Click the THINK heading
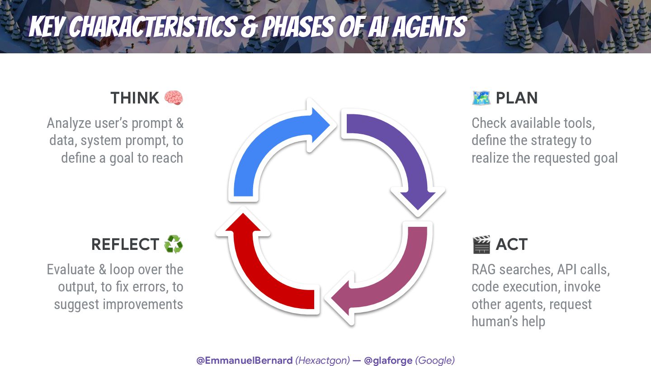coord(135,98)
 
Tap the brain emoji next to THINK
coord(174,98)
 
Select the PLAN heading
coord(517,98)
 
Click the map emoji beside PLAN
coord(481,98)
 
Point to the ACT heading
coord(511,244)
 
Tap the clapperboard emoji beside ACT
coord(481,244)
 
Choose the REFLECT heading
coord(125,244)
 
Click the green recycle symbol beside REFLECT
coord(174,244)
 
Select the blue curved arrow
coord(267,145)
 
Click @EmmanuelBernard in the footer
coord(245,361)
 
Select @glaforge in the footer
coord(388,361)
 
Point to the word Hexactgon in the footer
coord(322,361)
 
